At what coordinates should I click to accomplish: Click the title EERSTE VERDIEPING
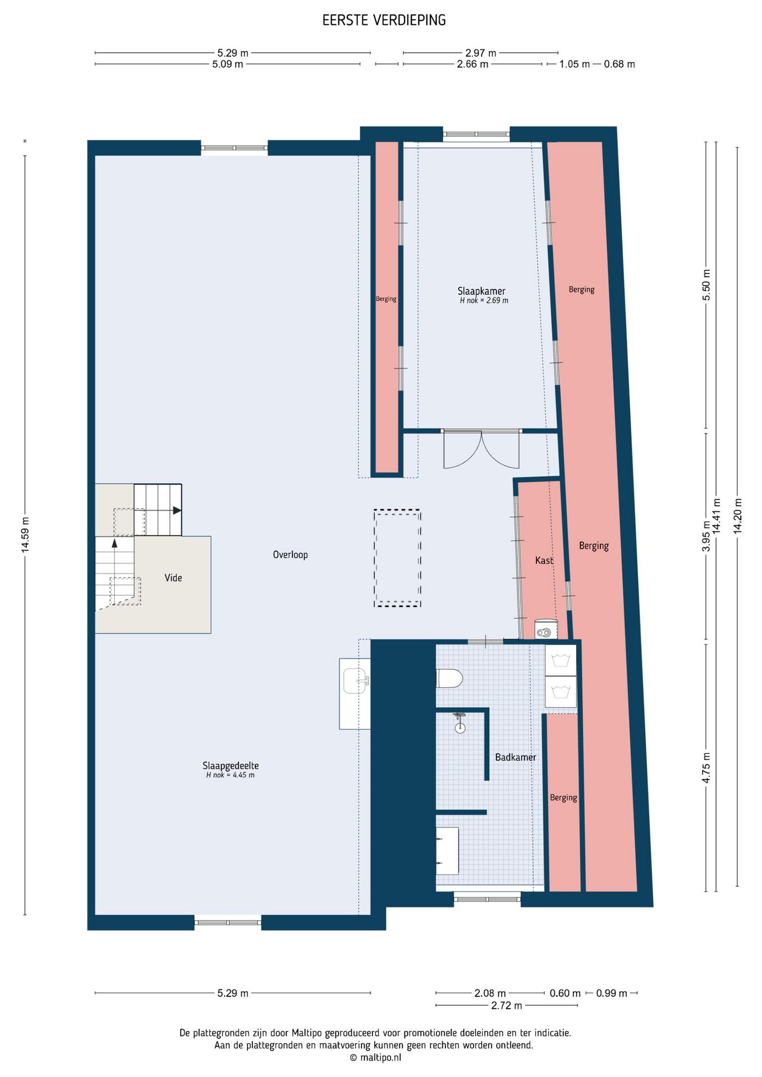[384, 20]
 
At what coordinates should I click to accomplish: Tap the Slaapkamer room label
[481, 291]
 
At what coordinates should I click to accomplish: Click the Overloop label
[290, 554]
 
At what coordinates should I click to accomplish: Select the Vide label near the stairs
[173, 577]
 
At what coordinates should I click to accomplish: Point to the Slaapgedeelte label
[231, 765]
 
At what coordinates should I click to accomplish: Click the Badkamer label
[516, 757]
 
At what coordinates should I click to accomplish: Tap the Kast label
[544, 560]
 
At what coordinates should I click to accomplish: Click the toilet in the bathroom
[449, 678]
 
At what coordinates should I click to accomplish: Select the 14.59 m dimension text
[25, 534]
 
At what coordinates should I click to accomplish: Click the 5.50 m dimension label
[706, 285]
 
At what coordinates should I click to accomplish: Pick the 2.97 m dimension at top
[481, 53]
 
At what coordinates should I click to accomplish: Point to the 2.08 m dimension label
[490, 993]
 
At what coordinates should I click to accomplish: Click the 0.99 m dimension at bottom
[612, 993]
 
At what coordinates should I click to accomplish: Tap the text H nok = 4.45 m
[230, 775]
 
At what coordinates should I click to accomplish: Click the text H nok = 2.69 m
[484, 300]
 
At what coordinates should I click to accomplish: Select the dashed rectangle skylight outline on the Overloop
[397, 510]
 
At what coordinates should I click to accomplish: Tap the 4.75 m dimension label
[706, 768]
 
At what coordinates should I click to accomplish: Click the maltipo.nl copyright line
[375, 1057]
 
